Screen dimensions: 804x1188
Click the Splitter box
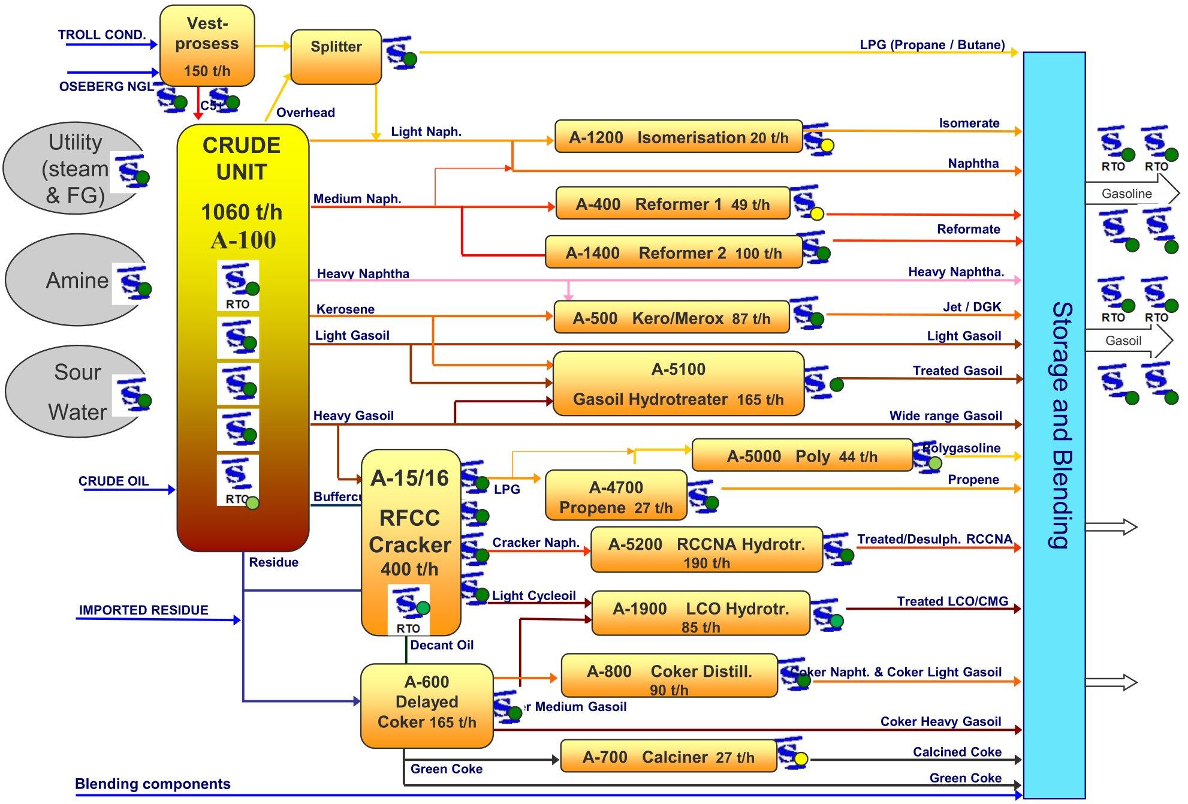[x=336, y=57]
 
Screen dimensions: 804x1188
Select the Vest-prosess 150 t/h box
[x=207, y=46]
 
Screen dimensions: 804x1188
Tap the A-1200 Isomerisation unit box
[x=678, y=137]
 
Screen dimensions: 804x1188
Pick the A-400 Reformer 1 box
[x=673, y=204]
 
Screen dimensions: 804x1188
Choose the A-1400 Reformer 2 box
[x=673, y=252]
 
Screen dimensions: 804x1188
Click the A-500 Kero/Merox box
[x=671, y=317]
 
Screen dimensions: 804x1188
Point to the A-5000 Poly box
[x=801, y=456]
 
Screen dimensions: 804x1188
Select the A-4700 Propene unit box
[x=616, y=496]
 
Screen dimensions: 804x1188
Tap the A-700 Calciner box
[x=668, y=757]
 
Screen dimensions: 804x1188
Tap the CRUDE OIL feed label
[x=113, y=481]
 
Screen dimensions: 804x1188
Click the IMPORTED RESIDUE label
[x=143, y=610]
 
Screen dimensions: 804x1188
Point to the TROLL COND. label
[x=102, y=35]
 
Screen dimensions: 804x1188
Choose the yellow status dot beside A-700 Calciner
[x=801, y=759]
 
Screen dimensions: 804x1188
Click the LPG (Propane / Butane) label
[x=932, y=45]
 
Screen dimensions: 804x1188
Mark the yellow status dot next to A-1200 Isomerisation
[x=827, y=145]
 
